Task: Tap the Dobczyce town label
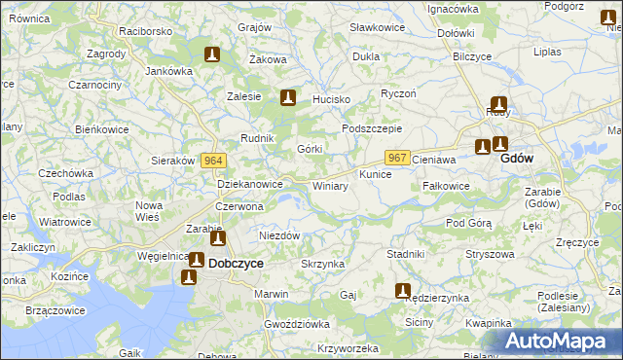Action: [236, 262]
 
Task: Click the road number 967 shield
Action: [396, 157]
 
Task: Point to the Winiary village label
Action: [330, 185]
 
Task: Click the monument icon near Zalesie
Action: [287, 97]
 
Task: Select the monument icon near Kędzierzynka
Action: [403, 289]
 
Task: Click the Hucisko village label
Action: [330, 99]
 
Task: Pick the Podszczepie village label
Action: [372, 128]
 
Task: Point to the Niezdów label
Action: [279, 235]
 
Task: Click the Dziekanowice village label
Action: [249, 183]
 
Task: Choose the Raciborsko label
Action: [146, 31]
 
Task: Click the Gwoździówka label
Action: [297, 323]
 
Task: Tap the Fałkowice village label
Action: [447, 186]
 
